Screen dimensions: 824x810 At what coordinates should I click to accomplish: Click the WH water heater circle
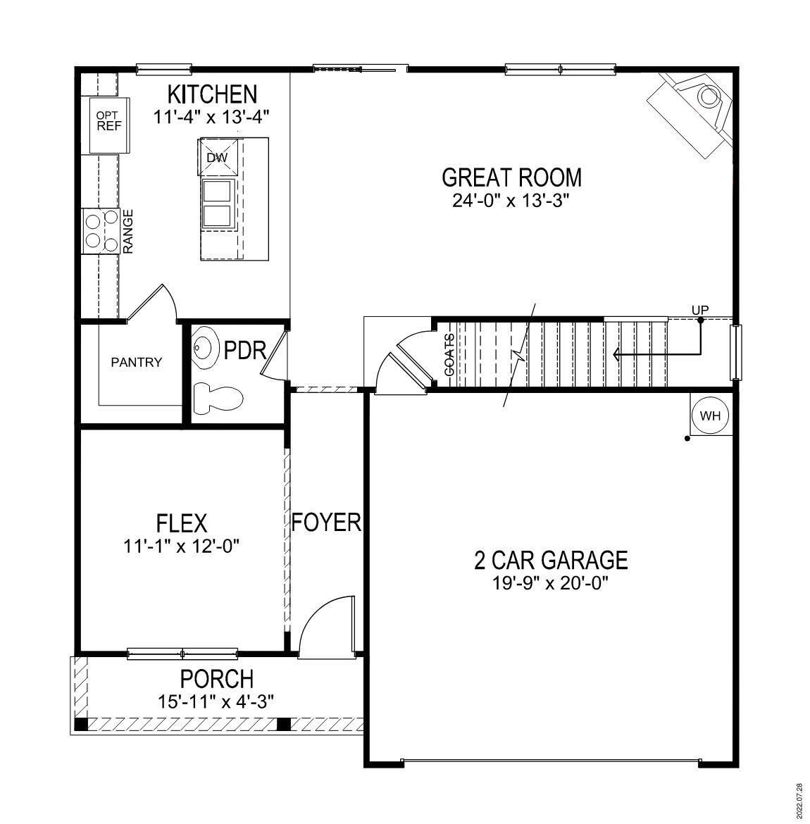(711, 416)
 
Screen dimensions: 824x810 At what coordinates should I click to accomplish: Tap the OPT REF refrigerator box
(108, 122)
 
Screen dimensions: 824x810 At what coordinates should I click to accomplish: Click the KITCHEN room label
(212, 94)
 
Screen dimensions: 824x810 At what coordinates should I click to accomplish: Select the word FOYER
(326, 523)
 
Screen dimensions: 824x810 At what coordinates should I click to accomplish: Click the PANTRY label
(137, 363)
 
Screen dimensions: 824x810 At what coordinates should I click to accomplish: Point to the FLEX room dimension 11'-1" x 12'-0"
(182, 546)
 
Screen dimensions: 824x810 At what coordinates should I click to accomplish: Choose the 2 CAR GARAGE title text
(551, 561)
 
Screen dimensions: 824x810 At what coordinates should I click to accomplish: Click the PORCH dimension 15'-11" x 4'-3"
(216, 701)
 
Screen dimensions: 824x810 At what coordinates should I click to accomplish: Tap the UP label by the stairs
(700, 310)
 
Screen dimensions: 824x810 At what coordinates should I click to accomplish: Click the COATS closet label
(449, 354)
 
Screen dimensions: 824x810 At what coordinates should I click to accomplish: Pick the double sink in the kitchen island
(217, 204)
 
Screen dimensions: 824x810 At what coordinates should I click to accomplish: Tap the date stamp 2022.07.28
(798, 799)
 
